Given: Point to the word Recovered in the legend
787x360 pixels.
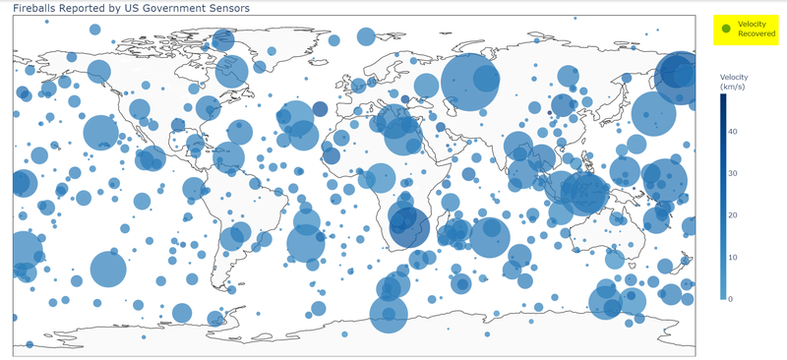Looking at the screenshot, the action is [757, 34].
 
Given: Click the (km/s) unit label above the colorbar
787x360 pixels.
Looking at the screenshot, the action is [734, 87].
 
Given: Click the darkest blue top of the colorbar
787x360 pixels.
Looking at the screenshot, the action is [721, 96].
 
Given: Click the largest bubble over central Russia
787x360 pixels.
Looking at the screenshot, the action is [470, 84].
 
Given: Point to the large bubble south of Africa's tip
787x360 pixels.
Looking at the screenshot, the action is [390, 315].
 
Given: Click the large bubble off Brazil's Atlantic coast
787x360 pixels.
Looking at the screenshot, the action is [307, 243].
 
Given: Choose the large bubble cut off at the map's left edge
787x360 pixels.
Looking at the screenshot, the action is [24, 252].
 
